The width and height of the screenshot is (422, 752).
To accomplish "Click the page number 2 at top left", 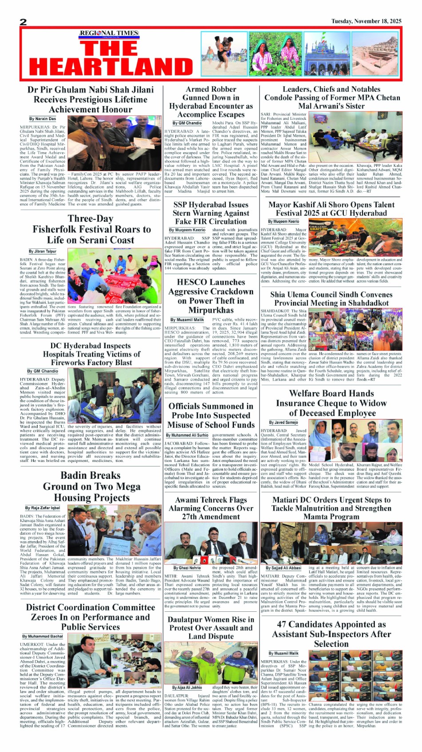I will (x=24, y=22).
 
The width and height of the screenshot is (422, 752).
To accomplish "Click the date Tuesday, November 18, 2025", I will (x=366, y=21).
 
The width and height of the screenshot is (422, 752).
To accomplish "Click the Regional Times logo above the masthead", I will (x=109, y=33).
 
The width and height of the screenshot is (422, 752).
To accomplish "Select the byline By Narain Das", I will (x=43, y=119).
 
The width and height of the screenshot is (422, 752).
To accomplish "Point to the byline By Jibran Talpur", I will (x=43, y=251).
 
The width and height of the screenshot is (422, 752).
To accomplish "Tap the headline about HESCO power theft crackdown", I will (x=211, y=296).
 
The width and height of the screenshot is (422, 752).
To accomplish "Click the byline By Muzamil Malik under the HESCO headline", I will (x=187, y=319).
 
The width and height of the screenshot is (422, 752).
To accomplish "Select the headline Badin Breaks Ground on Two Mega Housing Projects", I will (x=91, y=486).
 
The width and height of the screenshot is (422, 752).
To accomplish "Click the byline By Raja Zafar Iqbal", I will (x=43, y=508).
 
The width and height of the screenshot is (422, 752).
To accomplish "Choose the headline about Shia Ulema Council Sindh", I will (x=331, y=299).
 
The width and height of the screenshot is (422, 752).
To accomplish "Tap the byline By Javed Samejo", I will (x=283, y=422).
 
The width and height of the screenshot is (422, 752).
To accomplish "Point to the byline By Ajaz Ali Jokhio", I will (x=187, y=687).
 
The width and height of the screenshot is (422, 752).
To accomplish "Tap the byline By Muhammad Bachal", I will (x=43, y=636).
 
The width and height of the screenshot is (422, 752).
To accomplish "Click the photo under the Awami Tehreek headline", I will (x=211, y=542).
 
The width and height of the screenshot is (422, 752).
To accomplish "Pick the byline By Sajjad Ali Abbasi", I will (x=283, y=567).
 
